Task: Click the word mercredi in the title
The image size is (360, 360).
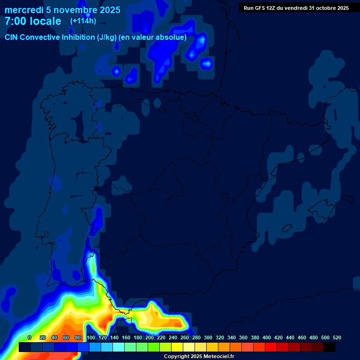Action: (x=24, y=10)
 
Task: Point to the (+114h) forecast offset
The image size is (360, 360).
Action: (x=83, y=21)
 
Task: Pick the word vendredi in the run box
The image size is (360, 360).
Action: (x=295, y=8)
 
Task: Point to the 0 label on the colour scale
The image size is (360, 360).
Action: (x=30, y=337)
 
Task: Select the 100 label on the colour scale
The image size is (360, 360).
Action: (x=91, y=337)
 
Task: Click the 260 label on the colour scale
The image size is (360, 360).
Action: (x=185, y=337)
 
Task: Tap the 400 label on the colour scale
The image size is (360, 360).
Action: (x=267, y=337)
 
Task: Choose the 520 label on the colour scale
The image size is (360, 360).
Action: (x=337, y=337)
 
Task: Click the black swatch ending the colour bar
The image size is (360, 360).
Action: (x=330, y=347)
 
